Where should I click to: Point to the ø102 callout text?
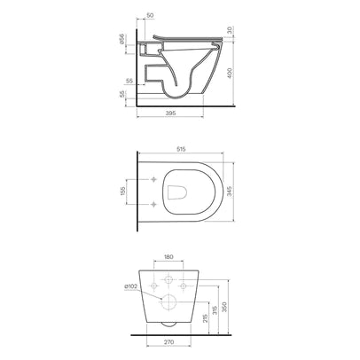click(130, 286)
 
